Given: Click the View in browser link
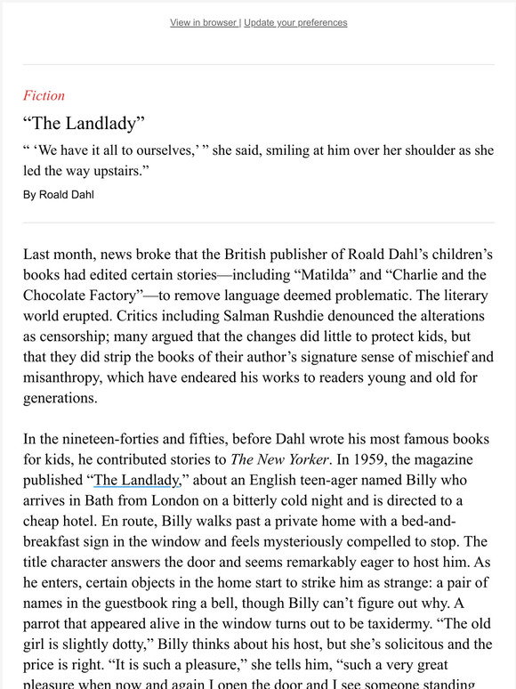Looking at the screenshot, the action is (204, 22).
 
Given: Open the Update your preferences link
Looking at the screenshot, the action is (295, 22).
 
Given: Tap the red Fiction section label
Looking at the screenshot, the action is (44, 96).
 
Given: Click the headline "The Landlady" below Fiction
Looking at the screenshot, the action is (84, 123).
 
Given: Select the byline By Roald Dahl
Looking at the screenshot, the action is (59, 194).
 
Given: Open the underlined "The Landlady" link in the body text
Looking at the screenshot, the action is (136, 481).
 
